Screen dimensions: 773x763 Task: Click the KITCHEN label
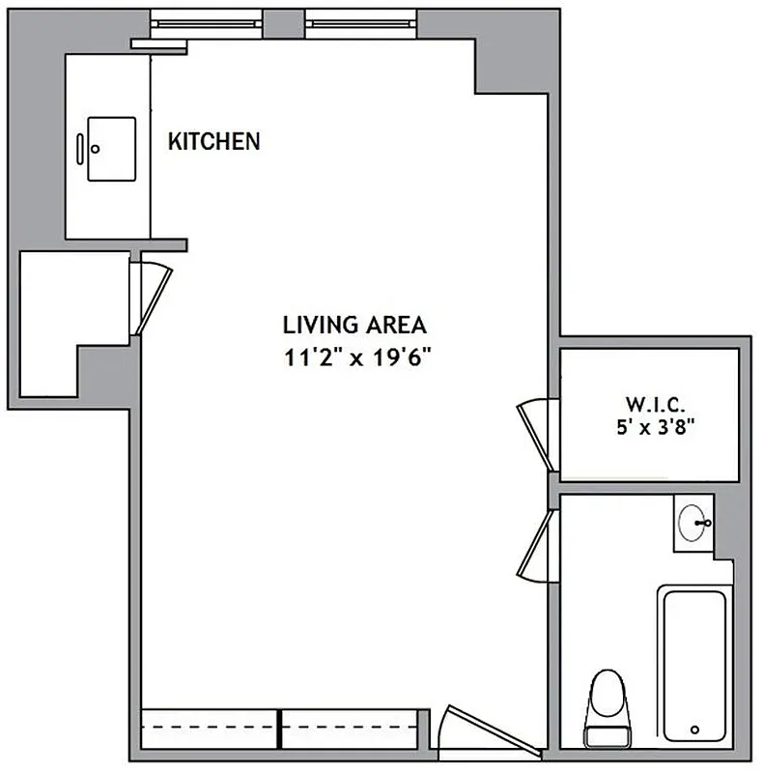point(213,141)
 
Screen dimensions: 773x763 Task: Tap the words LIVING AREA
point(353,325)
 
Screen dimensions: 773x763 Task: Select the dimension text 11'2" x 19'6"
point(353,358)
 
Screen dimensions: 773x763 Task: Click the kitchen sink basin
point(112,149)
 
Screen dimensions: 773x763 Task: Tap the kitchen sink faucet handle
point(80,149)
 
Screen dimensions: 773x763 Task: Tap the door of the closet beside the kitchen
point(155,295)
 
